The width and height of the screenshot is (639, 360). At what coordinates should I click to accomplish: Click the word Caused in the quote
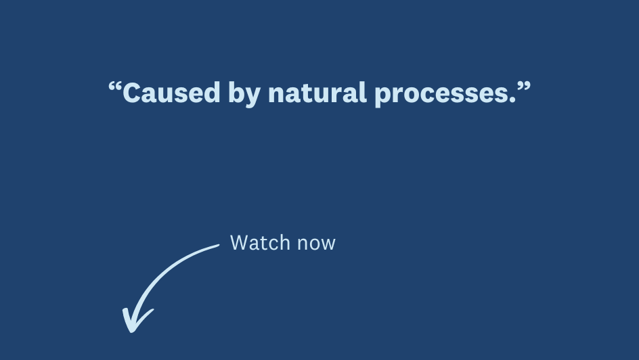pos(171,93)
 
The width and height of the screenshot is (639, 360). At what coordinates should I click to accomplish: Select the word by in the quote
pos(244,94)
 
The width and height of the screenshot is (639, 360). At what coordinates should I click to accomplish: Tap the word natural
pos(317,93)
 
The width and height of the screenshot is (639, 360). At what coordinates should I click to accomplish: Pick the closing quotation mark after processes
pos(524,86)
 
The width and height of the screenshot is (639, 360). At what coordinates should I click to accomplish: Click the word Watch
pos(260,242)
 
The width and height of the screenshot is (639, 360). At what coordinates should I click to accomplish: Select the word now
pos(316,245)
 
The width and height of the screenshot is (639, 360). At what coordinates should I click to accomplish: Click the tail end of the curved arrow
pos(218,245)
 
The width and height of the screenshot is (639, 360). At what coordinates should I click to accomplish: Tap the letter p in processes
pos(383,97)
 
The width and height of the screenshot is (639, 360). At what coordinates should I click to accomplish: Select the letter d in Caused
pos(212,93)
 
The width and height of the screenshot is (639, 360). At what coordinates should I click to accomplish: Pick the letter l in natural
pos(363,93)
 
